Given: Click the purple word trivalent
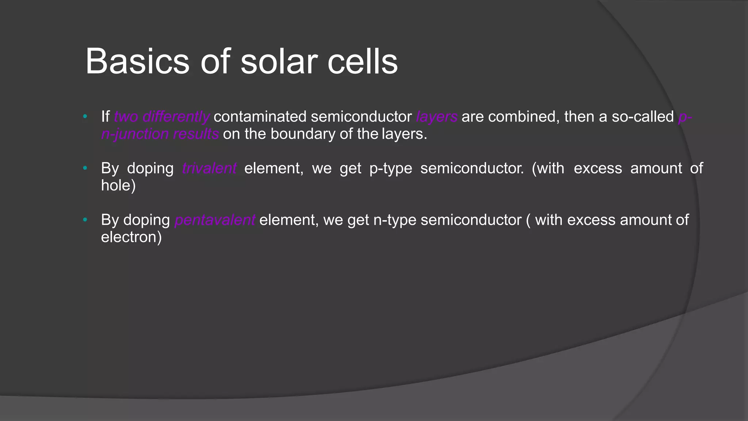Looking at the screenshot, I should click(209, 168).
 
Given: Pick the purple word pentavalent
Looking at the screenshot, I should click(215, 220).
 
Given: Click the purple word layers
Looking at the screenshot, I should click(436, 117).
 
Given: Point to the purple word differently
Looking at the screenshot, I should click(176, 117).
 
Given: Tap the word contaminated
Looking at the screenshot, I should click(260, 117).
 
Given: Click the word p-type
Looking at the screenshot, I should click(390, 168).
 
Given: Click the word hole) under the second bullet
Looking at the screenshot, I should click(118, 186).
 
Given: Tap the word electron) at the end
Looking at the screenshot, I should click(131, 237).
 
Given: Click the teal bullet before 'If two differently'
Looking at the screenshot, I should click(85, 117).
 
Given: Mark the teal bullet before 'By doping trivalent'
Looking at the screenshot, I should click(85, 168).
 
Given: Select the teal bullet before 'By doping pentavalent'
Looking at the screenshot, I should click(85, 220).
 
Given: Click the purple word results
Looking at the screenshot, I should click(196, 134).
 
